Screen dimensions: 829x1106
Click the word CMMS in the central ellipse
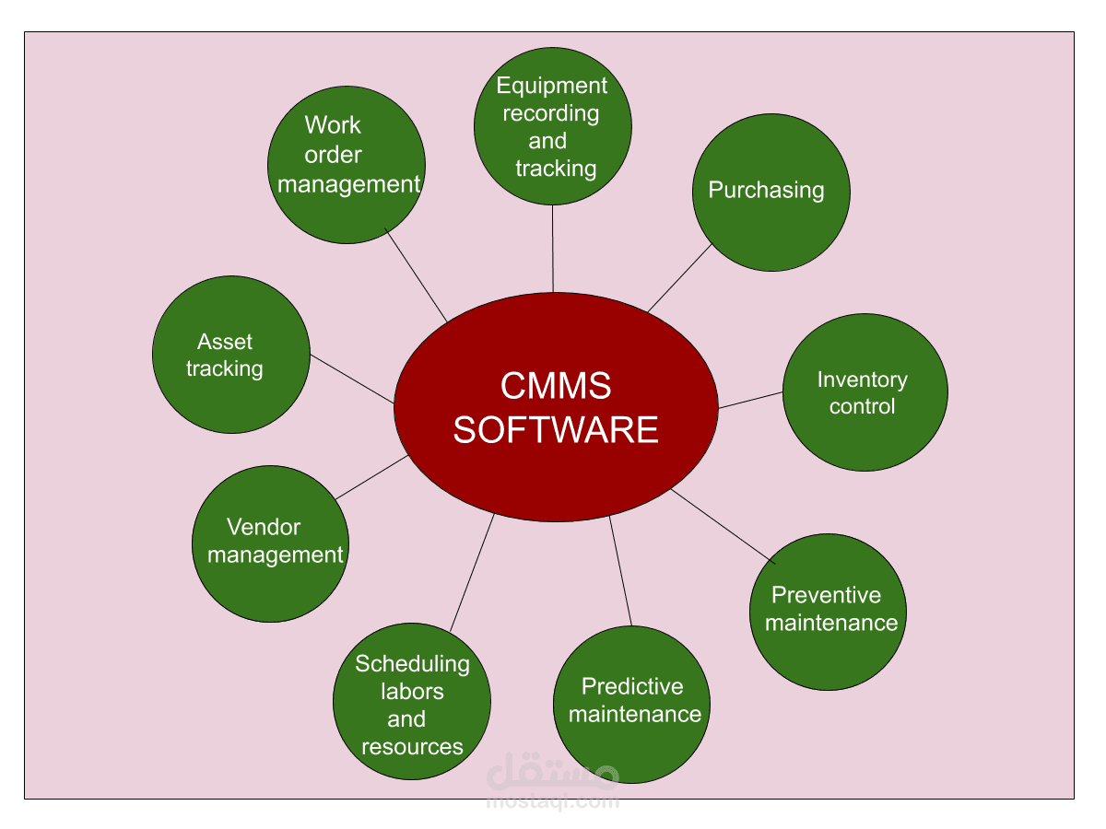pos(556,386)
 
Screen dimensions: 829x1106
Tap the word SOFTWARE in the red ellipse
pos(556,430)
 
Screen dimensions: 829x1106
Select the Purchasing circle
pos(771,193)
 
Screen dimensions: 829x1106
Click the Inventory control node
pos(865,392)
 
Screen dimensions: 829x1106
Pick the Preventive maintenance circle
pos(828,612)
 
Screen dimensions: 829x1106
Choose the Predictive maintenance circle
pos(632,705)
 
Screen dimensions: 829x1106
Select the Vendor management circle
pos(270,543)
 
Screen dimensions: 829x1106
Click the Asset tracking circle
pos(230,355)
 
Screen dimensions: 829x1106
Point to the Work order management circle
pos(347,165)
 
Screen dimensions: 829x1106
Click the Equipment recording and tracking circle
pos(552,126)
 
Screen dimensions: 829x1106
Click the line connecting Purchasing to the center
pos(680,278)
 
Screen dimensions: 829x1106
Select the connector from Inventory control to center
pos(750,400)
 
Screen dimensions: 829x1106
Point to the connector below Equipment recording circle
pos(553,249)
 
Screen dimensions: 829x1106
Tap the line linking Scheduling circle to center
pos(472,572)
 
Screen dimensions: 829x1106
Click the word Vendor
pos(264,528)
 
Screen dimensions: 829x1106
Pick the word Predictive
pos(632,686)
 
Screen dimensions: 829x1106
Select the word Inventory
pos(862,379)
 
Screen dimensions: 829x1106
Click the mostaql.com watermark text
pos(552,801)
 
